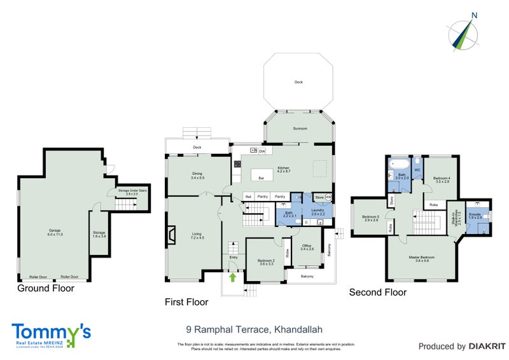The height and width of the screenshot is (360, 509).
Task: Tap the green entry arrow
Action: pyautogui.click(x=233, y=277)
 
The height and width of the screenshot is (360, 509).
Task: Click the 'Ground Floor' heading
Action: pyautogui.click(x=46, y=288)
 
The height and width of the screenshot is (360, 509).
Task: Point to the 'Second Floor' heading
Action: pyautogui.click(x=378, y=293)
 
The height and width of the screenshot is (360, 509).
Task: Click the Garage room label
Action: pyautogui.click(x=55, y=232)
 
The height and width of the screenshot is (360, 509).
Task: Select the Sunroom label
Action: pyautogui.click(x=300, y=128)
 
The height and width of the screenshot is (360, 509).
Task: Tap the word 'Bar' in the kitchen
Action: pyautogui.click(x=261, y=178)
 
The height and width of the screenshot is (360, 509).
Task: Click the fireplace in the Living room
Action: pyautogui.click(x=171, y=235)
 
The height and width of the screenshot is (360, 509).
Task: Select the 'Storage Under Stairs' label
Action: pyautogui.click(x=128, y=193)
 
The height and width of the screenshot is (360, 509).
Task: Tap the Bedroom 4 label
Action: pyautogui.click(x=442, y=179)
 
